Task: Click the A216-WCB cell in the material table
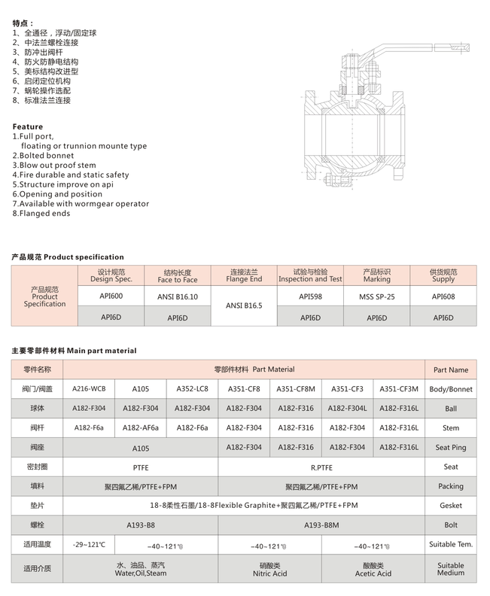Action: click(88, 389)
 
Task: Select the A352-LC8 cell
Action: click(191, 389)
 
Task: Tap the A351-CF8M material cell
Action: click(295, 389)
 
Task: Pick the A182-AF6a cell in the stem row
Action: click(140, 427)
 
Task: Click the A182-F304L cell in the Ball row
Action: click(347, 408)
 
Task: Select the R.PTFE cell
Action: click(321, 467)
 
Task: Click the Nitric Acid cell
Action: click(269, 569)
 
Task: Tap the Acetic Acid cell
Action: click(373, 569)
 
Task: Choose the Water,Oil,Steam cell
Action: click(141, 569)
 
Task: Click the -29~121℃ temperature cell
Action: click(88, 544)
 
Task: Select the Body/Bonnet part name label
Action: click(451, 389)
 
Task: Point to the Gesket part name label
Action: click(451, 506)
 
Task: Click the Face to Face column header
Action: click(178, 275)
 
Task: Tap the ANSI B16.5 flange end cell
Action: click(244, 306)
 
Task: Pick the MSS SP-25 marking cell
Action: click(376, 296)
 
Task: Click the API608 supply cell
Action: click(443, 296)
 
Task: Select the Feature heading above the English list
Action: click(28, 126)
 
